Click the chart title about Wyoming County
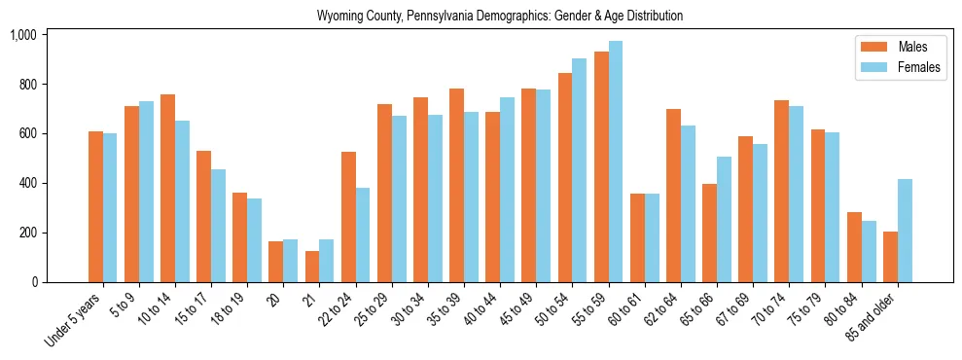[x=500, y=16]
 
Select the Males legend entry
[x=899, y=47]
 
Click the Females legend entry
[x=905, y=68]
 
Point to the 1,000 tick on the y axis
[x=22, y=35]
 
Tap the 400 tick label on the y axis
[x=26, y=183]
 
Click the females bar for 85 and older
[x=906, y=231]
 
